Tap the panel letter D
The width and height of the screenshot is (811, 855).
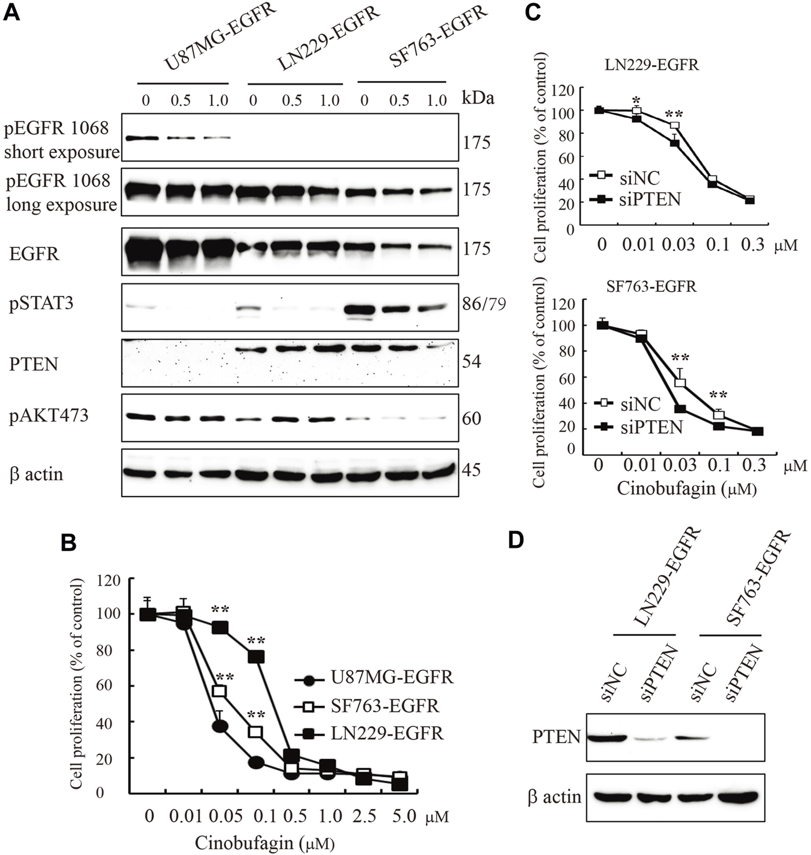516,540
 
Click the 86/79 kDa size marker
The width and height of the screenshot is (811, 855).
484,303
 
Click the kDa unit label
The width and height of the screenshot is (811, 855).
478,98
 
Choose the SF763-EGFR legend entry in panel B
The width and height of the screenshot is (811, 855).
385,706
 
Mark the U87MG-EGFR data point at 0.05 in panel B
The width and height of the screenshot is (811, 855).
220,726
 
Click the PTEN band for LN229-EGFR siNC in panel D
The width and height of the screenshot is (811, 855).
607,738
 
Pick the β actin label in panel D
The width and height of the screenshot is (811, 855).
554,797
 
